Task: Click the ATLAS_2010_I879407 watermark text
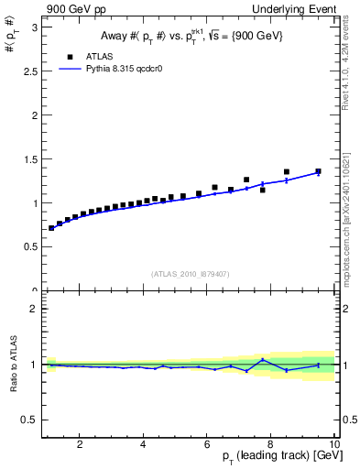190,272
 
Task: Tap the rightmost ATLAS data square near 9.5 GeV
319,171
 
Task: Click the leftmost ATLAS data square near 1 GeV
51,228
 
